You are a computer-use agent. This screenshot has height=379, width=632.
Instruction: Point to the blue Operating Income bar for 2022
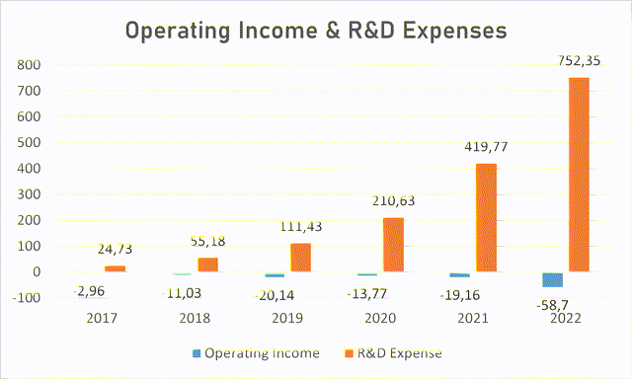pyautogui.click(x=552, y=279)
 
